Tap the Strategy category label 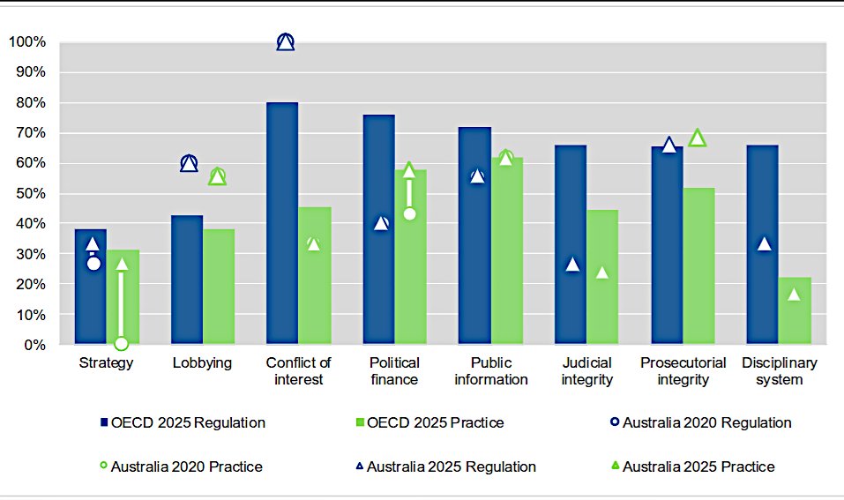106,363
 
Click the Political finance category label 394,371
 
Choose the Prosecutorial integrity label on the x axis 683,371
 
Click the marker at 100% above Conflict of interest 285,42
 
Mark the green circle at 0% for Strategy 121,343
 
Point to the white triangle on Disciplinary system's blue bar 763,244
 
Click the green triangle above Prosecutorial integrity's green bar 698,138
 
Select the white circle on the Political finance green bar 409,213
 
